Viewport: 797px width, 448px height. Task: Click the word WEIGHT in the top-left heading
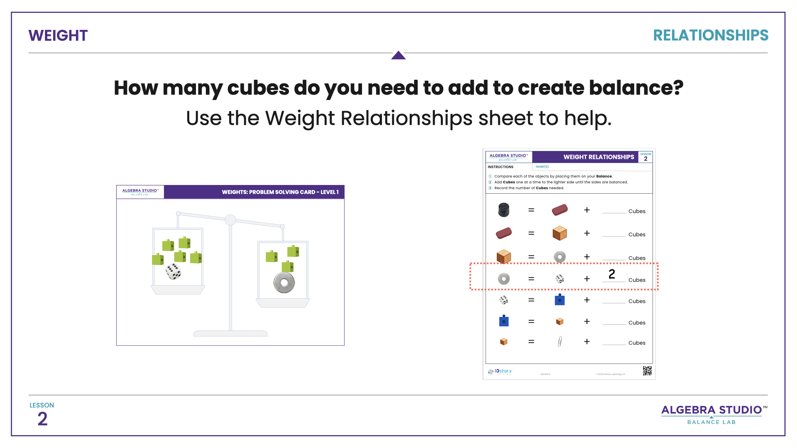tap(58, 36)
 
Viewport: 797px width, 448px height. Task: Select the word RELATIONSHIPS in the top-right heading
tap(710, 35)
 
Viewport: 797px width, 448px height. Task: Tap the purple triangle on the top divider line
tap(398, 55)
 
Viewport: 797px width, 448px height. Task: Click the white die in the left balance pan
tap(173, 271)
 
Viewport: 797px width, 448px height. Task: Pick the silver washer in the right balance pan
tap(284, 283)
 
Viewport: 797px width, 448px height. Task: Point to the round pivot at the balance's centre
tap(230, 220)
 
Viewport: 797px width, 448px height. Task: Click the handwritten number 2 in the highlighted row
tap(611, 274)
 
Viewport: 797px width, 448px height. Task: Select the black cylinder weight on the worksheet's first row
tap(504, 210)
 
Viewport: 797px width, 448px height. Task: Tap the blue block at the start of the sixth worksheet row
tap(504, 321)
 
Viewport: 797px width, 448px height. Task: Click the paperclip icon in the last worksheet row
tap(560, 341)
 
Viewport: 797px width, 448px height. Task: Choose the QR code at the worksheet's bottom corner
tap(647, 370)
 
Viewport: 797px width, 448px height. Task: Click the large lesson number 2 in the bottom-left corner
tap(42, 419)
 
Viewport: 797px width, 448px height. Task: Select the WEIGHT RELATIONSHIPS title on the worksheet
tap(599, 157)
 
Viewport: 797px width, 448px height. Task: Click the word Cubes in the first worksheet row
tap(637, 211)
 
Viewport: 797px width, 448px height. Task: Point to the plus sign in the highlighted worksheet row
tap(587, 279)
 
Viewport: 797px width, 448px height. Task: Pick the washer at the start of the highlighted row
tap(504, 279)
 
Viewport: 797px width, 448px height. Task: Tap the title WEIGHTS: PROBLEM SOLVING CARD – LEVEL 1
tap(280, 192)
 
